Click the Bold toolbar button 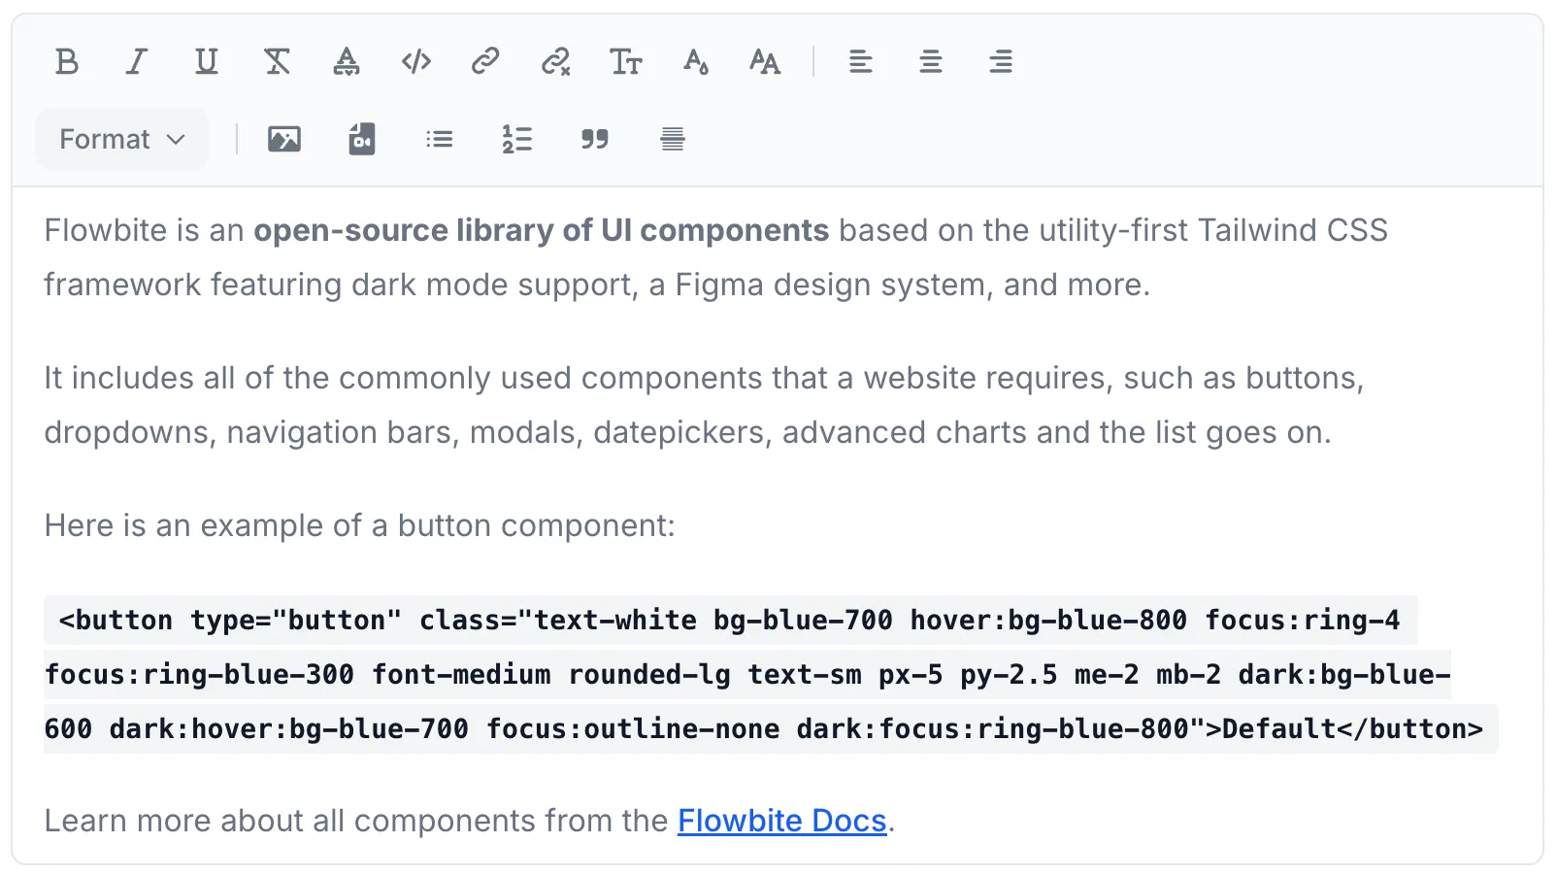[x=67, y=62]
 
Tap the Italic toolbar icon [x=137, y=62]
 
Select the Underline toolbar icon [x=206, y=62]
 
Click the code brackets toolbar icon [x=416, y=62]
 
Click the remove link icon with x [x=555, y=62]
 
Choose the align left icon [x=860, y=62]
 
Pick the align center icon [x=931, y=62]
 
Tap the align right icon [x=1001, y=62]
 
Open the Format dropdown [x=122, y=139]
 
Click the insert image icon [x=284, y=139]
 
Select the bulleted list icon [x=440, y=139]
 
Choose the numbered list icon [x=517, y=139]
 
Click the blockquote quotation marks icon [x=595, y=139]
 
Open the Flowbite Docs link [x=781, y=821]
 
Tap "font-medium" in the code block [x=461, y=675]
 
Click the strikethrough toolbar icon [x=277, y=62]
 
